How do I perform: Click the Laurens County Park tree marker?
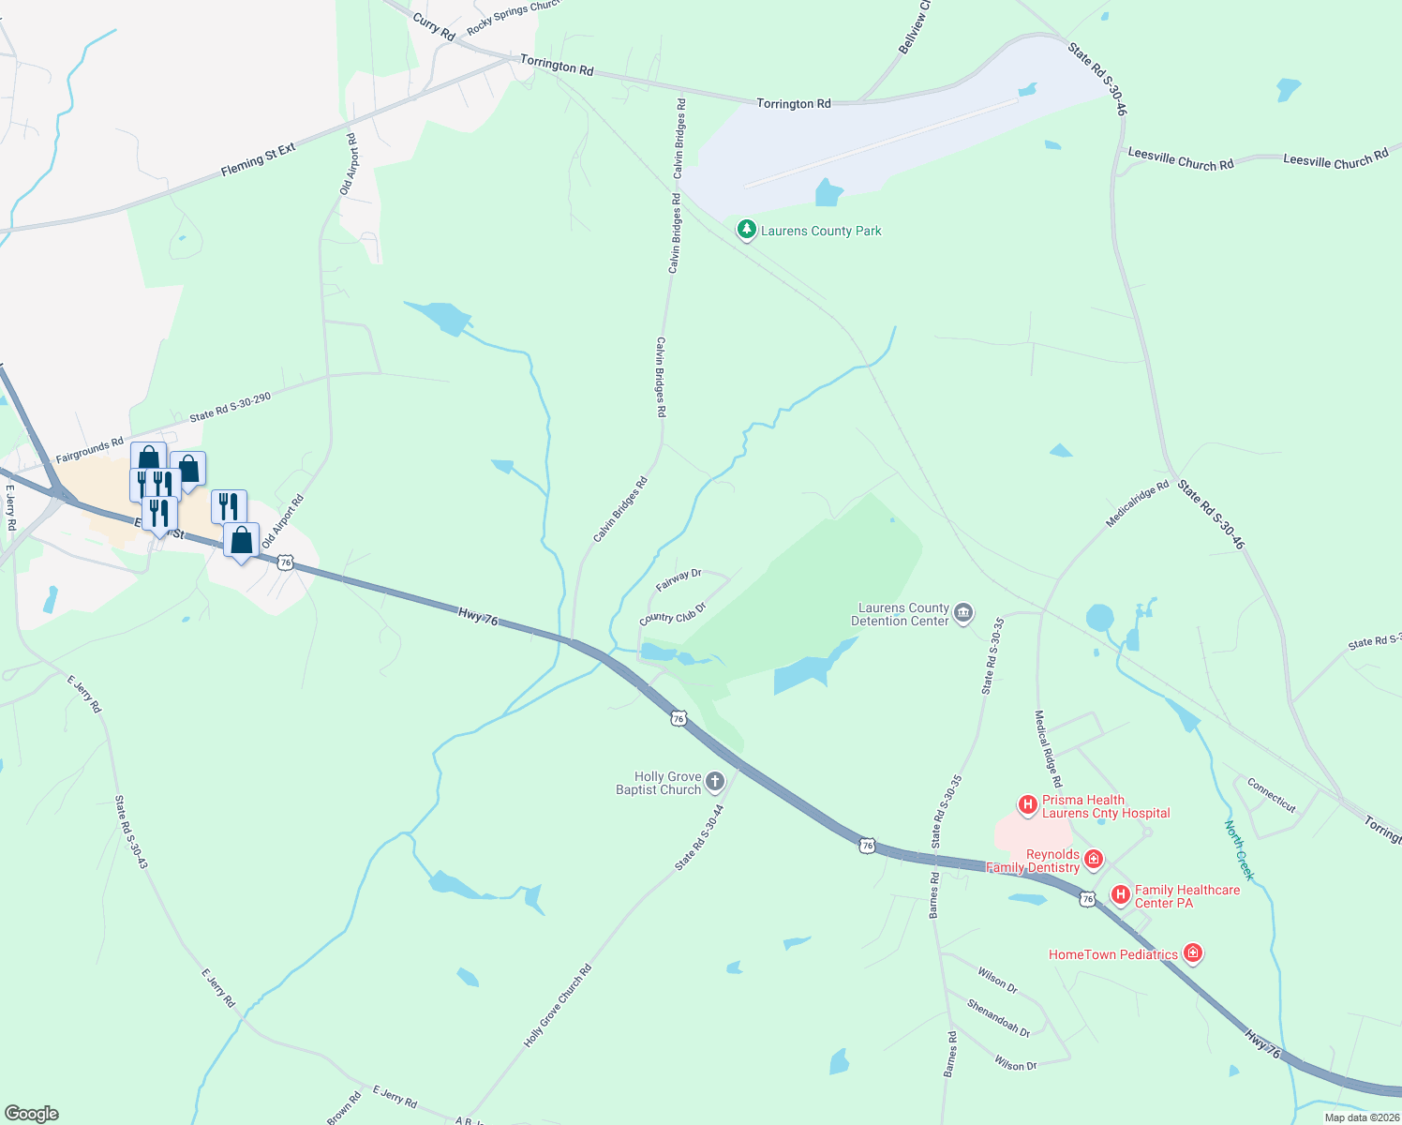click(746, 230)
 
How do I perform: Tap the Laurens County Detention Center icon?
click(963, 614)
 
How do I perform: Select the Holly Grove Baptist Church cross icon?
click(715, 782)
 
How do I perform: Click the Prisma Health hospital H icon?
click(1027, 804)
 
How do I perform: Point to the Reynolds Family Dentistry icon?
click(1093, 859)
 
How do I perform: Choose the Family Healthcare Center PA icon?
click(1120, 895)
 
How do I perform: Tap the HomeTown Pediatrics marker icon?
click(1192, 953)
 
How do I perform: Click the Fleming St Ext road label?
click(258, 159)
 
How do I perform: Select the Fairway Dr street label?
click(679, 580)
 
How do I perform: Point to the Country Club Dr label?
click(672, 614)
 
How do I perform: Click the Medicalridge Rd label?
click(1138, 504)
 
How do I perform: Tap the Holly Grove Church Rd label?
click(558, 1006)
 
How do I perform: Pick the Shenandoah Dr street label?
click(999, 1017)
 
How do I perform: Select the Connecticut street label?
click(1271, 795)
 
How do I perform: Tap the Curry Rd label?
click(433, 27)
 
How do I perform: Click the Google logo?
click(32, 1114)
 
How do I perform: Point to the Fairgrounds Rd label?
click(89, 451)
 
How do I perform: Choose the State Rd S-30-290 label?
click(230, 407)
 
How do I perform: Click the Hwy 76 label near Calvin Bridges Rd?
click(478, 616)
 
